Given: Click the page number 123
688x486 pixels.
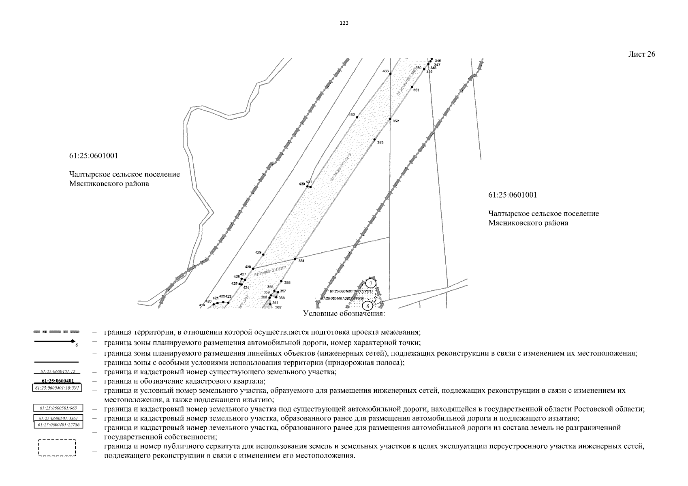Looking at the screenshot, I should tap(344, 23).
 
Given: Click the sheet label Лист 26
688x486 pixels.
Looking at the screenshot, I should tap(641, 54).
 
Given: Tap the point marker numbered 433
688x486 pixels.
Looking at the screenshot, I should tap(390, 74).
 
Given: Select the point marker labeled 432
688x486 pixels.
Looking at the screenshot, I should tap(357, 117).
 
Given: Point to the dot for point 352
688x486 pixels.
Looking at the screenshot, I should tap(390, 119).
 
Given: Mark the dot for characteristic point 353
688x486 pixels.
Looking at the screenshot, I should tap(375, 139).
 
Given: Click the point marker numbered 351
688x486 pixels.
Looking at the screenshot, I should tap(412, 87).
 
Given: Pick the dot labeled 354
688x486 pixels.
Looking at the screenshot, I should tap(295, 259).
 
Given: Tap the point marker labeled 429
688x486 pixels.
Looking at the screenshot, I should tap(263, 254).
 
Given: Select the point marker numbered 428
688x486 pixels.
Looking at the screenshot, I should tap(253, 269).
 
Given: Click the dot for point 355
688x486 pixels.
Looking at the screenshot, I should tap(281, 281).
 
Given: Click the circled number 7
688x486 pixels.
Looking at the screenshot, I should tap(370, 283).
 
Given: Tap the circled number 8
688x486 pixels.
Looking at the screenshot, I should tap(367, 306).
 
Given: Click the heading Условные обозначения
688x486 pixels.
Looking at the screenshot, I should tap(344, 314).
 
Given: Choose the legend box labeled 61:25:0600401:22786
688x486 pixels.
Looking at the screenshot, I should tap(59, 424).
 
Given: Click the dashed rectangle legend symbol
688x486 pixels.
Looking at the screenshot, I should tap(57, 448).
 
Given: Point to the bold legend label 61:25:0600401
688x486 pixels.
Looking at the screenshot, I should tap(56, 381).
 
